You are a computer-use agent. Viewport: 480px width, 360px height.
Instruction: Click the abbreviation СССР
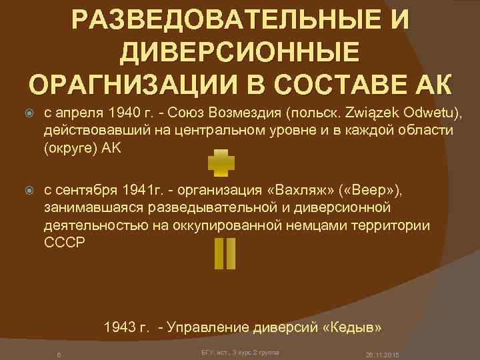click(x=65, y=243)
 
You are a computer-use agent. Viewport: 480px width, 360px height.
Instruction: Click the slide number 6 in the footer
click(x=59, y=353)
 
